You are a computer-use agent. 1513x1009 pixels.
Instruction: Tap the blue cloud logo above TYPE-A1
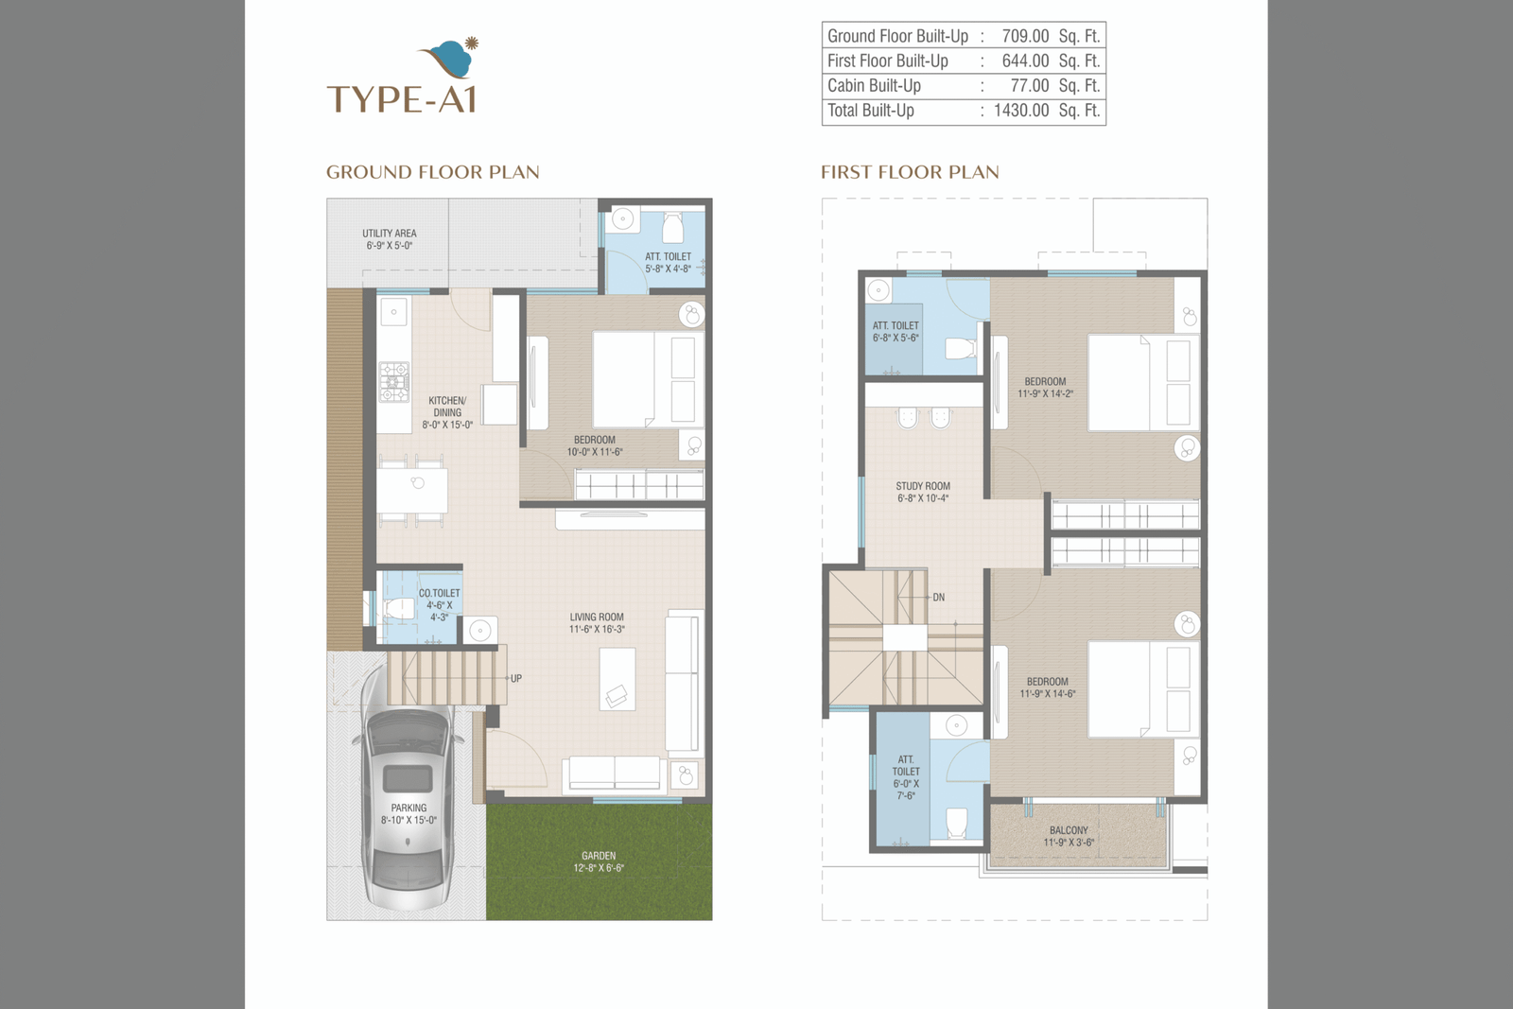click(x=449, y=59)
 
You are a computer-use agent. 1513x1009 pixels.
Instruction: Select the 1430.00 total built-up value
click(x=1021, y=111)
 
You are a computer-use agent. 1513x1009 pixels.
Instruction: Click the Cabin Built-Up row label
click(x=874, y=86)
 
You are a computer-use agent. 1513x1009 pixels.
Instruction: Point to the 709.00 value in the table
click(x=1025, y=36)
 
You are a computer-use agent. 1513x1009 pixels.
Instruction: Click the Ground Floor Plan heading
click(x=433, y=172)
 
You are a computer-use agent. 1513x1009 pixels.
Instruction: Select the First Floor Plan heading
click(x=910, y=172)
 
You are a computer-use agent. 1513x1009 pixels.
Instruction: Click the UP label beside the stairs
click(x=516, y=679)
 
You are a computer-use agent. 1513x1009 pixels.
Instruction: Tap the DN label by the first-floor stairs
click(x=939, y=598)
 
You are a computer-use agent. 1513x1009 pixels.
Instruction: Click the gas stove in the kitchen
click(x=393, y=382)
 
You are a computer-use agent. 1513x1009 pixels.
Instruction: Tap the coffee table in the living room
click(x=617, y=679)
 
